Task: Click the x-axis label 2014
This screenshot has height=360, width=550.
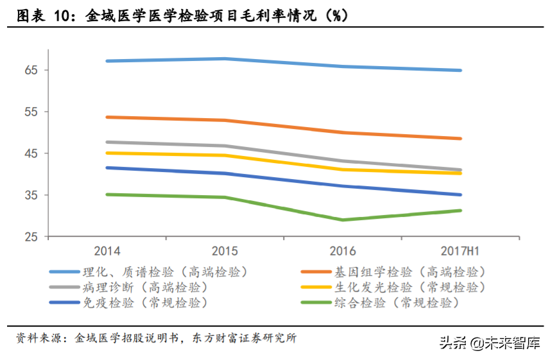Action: click(x=107, y=251)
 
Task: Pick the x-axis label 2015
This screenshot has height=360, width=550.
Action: click(x=225, y=251)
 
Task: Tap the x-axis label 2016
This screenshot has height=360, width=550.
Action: click(x=343, y=251)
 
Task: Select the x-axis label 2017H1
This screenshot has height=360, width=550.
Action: click(x=460, y=251)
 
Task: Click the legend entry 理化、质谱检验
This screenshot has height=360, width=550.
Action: click(x=164, y=271)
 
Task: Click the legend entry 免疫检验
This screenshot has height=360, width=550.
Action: click(x=144, y=302)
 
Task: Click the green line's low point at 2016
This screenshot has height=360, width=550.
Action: click(x=343, y=219)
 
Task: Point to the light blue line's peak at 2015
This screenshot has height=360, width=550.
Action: click(x=225, y=59)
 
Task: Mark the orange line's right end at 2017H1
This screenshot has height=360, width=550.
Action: click(x=460, y=138)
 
